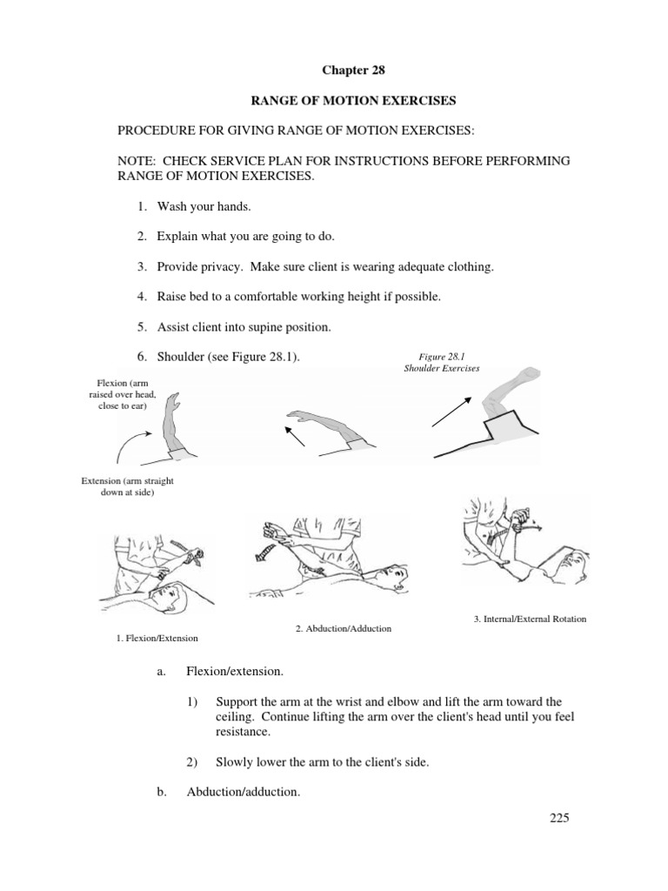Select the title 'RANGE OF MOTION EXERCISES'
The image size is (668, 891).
coord(353,101)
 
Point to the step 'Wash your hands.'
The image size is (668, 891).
coord(205,207)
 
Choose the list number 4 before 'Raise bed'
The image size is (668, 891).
coord(141,297)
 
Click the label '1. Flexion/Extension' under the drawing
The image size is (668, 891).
coord(157,638)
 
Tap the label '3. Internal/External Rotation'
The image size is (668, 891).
coord(530,619)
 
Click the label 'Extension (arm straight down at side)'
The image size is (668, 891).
coord(132,486)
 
